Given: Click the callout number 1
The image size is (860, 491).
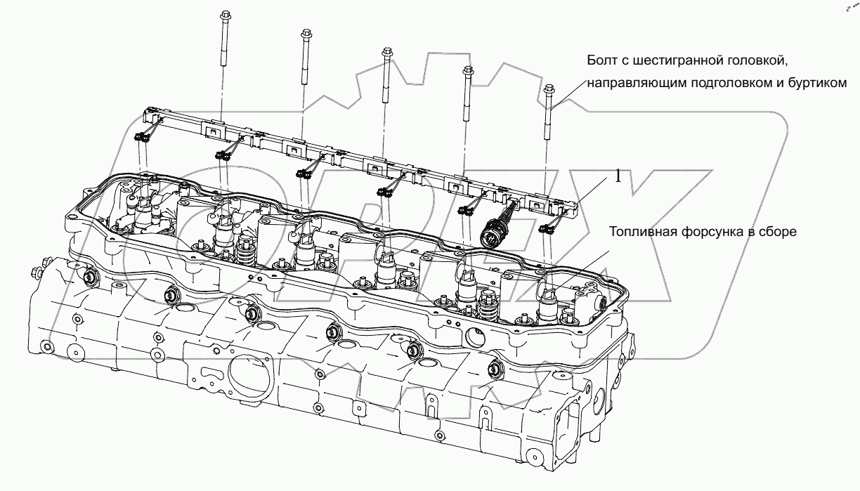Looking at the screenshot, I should click(618, 178).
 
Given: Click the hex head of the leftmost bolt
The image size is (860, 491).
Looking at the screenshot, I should click(226, 15).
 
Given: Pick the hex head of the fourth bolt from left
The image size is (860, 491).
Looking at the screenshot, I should click(467, 70).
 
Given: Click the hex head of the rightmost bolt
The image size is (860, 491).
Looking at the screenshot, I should click(549, 89).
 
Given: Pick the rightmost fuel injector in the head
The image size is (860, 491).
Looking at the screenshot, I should click(549, 302).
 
